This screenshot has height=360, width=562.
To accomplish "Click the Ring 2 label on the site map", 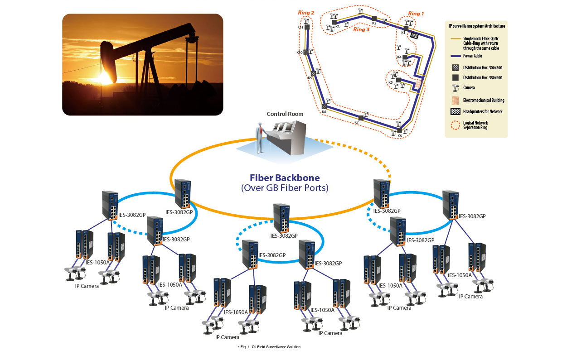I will tap(306, 13).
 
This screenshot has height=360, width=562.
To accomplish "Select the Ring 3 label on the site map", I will tap(361, 30).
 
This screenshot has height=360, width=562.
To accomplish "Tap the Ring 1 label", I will tap(416, 14).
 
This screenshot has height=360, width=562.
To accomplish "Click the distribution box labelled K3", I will tap(334, 22).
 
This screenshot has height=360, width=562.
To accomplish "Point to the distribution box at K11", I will tap(307, 27).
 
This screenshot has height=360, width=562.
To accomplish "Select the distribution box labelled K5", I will tap(398, 80).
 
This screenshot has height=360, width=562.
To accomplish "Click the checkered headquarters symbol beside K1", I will tap(414, 35).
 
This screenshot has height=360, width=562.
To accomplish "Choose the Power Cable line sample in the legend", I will tap(455, 56).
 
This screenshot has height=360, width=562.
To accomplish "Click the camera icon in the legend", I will tap(455, 88).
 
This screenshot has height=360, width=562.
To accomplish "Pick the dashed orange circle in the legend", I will tap(455, 125).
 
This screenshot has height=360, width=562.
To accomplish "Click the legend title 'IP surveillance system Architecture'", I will tap(476, 26).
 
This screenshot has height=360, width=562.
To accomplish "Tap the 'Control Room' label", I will tap(285, 114).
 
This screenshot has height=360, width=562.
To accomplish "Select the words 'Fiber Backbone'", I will tap(285, 178).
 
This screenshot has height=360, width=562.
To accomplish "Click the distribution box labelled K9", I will tap(313, 73).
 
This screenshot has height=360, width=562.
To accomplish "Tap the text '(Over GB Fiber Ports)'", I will tap(285, 188).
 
